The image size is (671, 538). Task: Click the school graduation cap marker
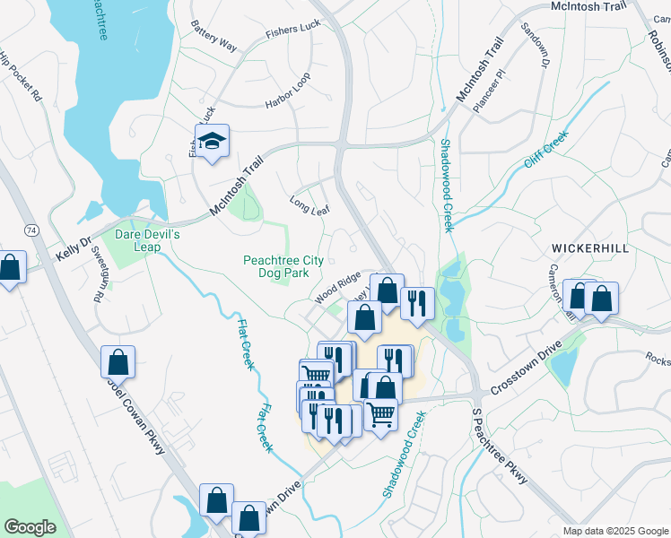pyautogui.click(x=213, y=142)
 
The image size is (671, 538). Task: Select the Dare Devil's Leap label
pyautogui.click(x=148, y=240)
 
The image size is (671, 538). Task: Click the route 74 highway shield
pyautogui.click(x=31, y=230)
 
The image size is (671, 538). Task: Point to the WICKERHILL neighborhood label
pyautogui.click(x=590, y=247)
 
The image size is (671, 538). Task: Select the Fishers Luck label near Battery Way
pyautogui.click(x=292, y=30)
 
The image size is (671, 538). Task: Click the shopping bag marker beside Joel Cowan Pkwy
pyautogui.click(x=118, y=363)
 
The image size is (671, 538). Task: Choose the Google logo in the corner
pyautogui.click(x=30, y=527)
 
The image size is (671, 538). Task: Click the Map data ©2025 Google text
pyautogui.click(x=614, y=531)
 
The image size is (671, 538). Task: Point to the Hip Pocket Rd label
pyautogui.click(x=21, y=76)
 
